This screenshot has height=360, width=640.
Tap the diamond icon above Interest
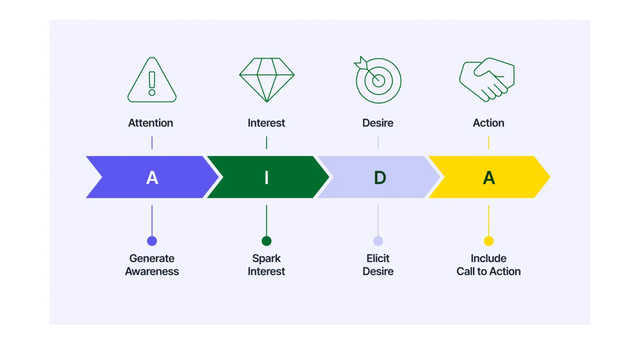(x=267, y=80)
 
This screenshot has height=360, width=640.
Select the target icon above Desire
(x=378, y=80)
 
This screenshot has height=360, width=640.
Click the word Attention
(x=151, y=123)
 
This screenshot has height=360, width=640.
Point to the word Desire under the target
(x=378, y=123)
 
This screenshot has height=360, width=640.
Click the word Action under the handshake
(x=488, y=123)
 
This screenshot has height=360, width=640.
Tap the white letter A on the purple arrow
(x=152, y=178)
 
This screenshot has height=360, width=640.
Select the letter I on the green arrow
(x=267, y=178)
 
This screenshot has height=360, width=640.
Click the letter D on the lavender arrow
(x=380, y=178)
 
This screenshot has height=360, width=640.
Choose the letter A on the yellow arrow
(x=489, y=178)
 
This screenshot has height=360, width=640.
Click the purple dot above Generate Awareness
(x=152, y=241)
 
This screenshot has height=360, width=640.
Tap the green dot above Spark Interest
(x=267, y=241)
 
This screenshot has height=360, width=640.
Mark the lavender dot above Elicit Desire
(x=378, y=241)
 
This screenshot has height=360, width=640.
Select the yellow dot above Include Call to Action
(x=489, y=241)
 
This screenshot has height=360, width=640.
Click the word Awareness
(x=152, y=271)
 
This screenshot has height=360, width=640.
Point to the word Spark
(x=267, y=258)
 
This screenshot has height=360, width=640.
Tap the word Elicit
(x=378, y=258)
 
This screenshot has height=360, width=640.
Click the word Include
(x=489, y=258)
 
